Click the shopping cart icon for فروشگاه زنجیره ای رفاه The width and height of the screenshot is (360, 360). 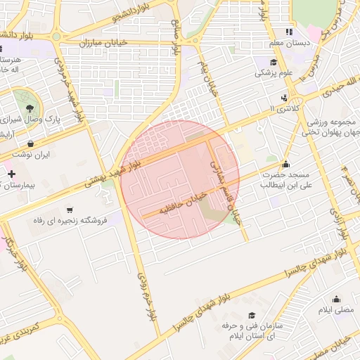click(x=70, y=210)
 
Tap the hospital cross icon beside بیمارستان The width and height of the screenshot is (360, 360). click(x=11, y=174)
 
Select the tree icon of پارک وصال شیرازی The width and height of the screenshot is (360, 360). click(x=29, y=108)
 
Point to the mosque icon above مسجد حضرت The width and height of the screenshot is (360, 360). click(x=285, y=163)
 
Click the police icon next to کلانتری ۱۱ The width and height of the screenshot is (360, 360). click(x=283, y=98)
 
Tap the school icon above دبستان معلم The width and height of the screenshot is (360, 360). click(x=288, y=32)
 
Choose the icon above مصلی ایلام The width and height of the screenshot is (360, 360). click(x=336, y=298)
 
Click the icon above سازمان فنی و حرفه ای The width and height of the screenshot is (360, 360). click(x=252, y=316)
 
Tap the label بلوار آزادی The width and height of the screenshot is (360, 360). click(x=342, y=226)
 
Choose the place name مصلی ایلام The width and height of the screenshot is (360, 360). click(x=337, y=310)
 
